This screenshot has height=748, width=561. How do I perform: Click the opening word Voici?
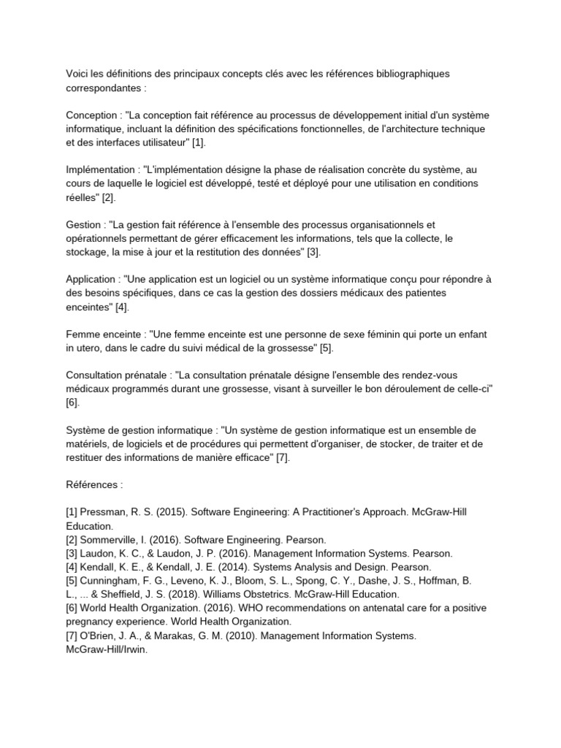tap(78, 74)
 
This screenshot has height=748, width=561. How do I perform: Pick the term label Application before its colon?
tap(91, 280)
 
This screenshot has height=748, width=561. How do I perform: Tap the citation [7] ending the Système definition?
tap(283, 457)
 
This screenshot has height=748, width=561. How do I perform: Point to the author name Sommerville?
tap(113, 539)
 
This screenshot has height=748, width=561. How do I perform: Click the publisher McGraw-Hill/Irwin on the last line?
tap(107, 649)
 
